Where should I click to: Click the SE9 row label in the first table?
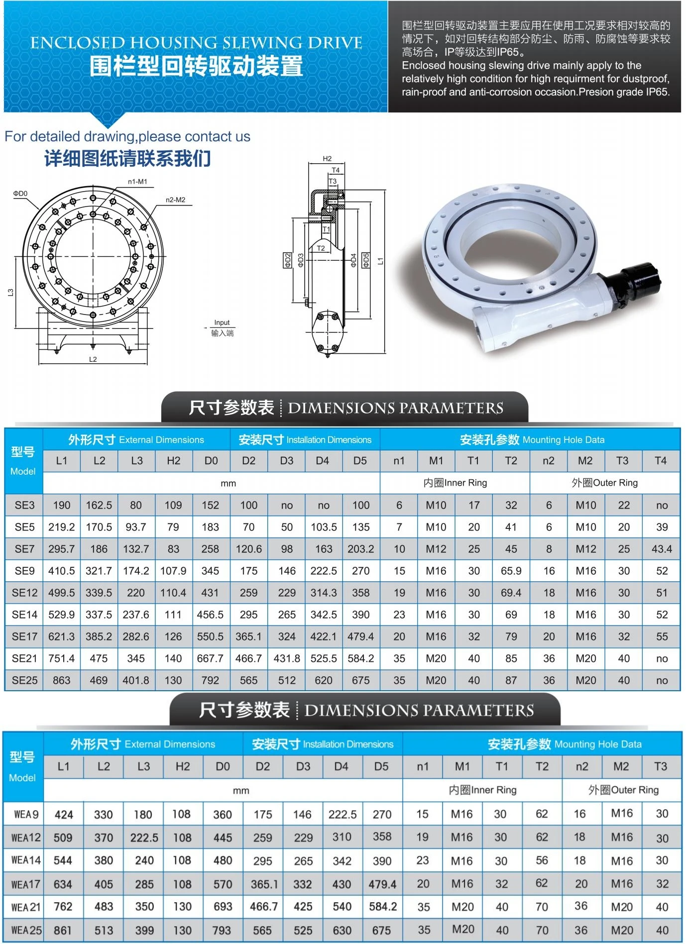24,571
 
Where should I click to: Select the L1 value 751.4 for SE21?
61,658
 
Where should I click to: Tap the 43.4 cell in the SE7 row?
661,549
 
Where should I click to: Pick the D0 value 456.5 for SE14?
210,615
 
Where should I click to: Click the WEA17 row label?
25,884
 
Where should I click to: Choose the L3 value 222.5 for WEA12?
144,838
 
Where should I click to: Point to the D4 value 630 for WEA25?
342,930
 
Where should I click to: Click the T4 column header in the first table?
660,460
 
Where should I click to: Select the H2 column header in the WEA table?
183,766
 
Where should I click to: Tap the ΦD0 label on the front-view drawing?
20,194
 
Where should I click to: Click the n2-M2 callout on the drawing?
175,200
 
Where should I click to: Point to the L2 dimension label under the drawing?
93,359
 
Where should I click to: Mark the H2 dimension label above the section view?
327,159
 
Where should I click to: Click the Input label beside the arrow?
222,322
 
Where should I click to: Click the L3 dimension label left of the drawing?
10,292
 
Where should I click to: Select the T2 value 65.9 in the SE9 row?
511,571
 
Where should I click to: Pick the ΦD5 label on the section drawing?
366,260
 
